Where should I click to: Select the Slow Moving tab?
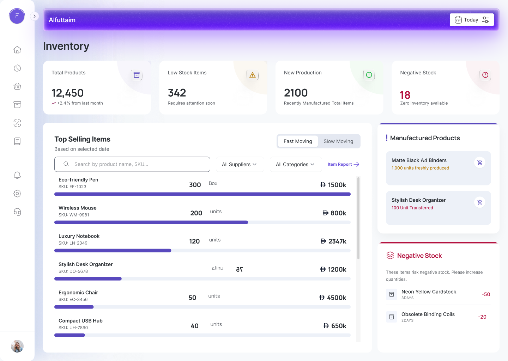[x=338, y=141]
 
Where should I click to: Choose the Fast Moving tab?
[x=298, y=141]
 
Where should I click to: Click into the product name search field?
[x=132, y=164]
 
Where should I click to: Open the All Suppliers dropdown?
[x=240, y=164]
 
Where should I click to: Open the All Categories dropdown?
[x=296, y=164]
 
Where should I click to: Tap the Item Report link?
[x=343, y=164]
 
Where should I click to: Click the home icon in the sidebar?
[x=17, y=50]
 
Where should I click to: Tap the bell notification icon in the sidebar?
[x=17, y=175]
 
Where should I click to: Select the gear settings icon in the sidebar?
[x=17, y=194]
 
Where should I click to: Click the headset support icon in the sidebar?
[x=17, y=212]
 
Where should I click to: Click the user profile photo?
[x=17, y=346]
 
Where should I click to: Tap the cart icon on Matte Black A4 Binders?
[x=480, y=163]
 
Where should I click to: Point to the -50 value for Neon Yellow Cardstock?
[x=486, y=294]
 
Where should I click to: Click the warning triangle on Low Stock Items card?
[x=253, y=75]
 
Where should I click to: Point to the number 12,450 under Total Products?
[x=68, y=93]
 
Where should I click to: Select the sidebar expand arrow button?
[x=35, y=16]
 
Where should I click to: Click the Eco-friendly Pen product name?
[x=78, y=180]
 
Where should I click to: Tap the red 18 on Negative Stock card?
[x=405, y=95]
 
